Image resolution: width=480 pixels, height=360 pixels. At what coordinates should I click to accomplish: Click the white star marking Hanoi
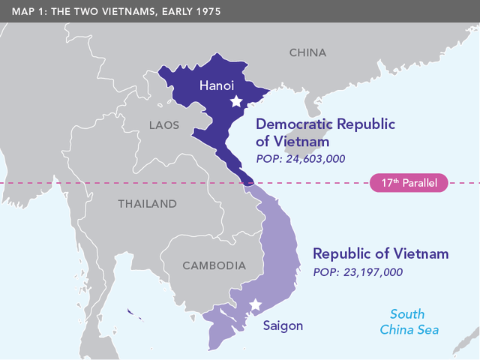point(236,101)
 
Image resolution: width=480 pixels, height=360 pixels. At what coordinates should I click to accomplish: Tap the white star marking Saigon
point(256,304)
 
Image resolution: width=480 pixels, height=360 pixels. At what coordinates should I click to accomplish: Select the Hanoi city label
point(217,86)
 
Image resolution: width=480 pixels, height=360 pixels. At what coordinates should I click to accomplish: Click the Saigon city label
point(283,325)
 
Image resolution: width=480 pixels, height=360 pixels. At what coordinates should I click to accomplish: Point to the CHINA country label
point(308,52)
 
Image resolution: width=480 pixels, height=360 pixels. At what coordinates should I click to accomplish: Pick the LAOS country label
point(164,125)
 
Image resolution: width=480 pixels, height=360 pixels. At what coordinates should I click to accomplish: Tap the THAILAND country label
point(147,203)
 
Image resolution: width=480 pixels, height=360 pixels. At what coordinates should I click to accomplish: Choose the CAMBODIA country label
point(214,265)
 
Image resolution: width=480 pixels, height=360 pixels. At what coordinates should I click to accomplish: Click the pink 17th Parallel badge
point(409,182)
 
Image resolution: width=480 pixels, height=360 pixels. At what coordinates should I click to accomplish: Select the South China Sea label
point(409,322)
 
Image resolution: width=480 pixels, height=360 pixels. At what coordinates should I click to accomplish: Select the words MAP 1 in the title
point(24,11)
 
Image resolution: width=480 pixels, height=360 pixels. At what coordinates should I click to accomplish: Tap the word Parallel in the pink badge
point(422,182)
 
